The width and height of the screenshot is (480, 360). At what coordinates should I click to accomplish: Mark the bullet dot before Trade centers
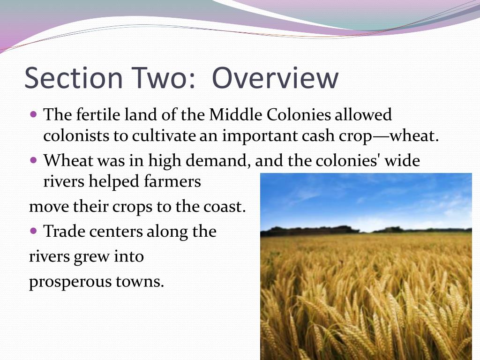tap(33, 231)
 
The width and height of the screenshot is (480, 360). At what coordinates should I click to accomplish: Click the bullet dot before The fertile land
tap(33, 114)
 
